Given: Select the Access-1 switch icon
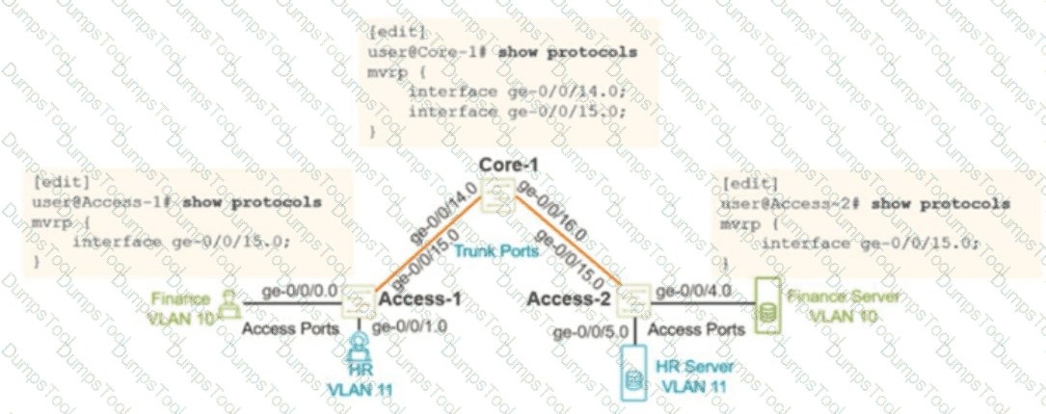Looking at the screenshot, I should coord(359,301).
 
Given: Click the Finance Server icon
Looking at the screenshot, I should coord(767,307).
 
